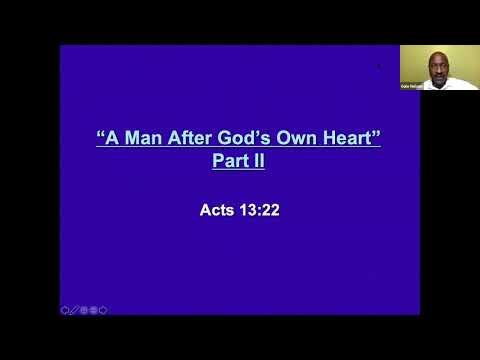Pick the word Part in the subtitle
click(x=229, y=159)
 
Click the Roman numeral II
click(x=258, y=159)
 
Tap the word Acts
click(x=216, y=211)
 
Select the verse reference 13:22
click(x=257, y=211)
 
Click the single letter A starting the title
click(x=112, y=138)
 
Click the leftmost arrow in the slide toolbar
click(x=64, y=310)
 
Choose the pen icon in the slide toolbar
click(x=74, y=310)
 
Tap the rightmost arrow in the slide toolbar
click(x=103, y=310)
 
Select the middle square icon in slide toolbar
click(x=84, y=310)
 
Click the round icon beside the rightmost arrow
click(x=94, y=310)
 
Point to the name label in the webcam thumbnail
click(x=411, y=86)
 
